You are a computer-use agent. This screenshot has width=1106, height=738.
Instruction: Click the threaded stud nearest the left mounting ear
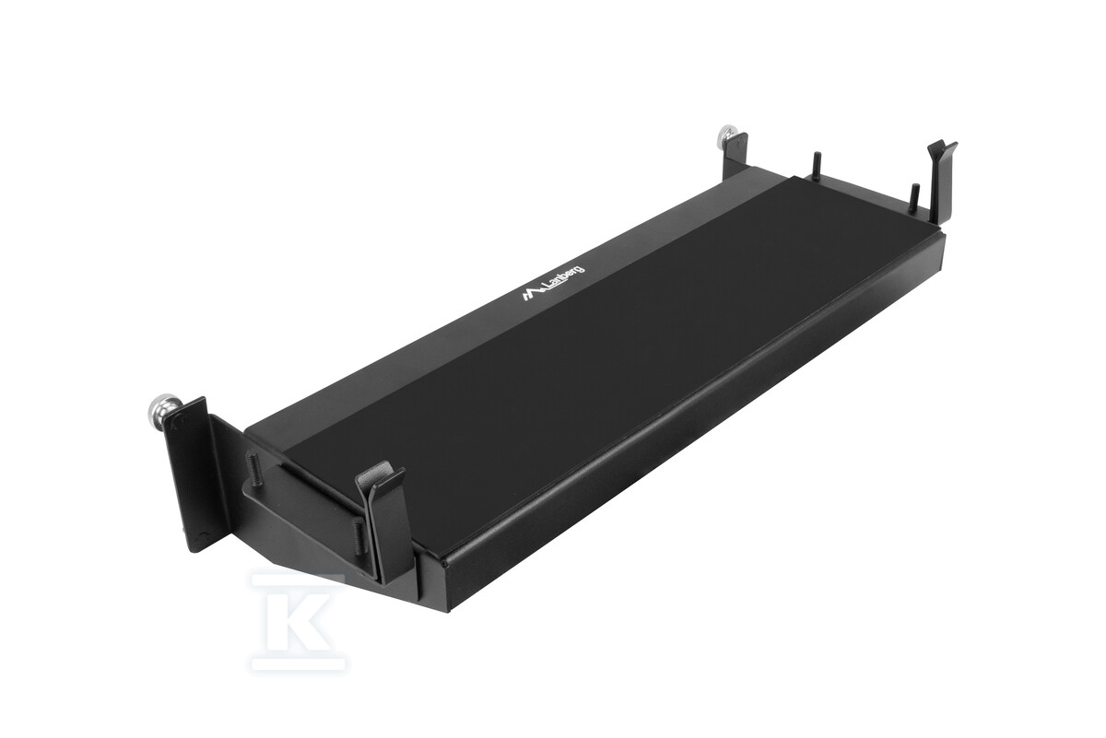coord(252,465)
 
